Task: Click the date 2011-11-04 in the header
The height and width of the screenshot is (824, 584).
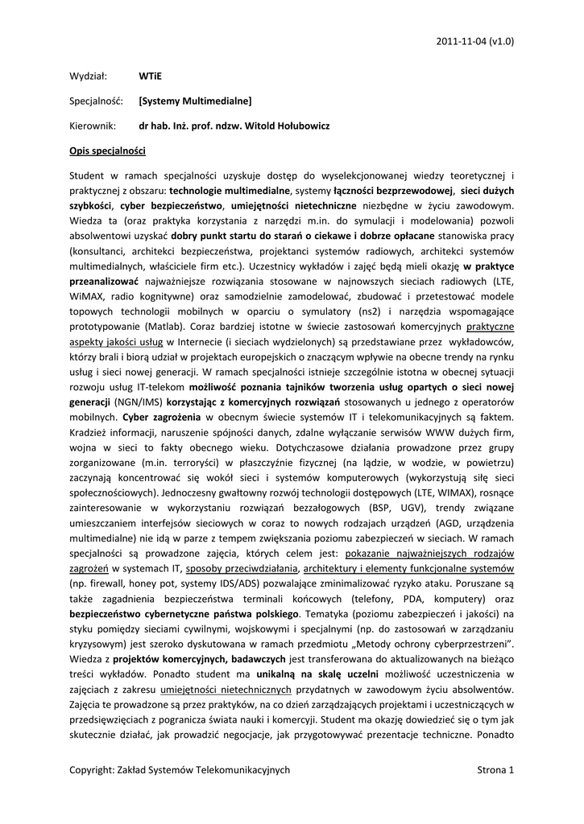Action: pyautogui.click(x=462, y=39)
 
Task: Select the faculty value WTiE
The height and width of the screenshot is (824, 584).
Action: pyautogui.click(x=150, y=76)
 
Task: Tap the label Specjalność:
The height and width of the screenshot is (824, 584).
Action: pyautogui.click(x=95, y=101)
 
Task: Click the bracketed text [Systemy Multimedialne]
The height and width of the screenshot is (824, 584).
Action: pyautogui.click(x=195, y=101)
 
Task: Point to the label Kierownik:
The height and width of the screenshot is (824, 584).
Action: pyautogui.click(x=93, y=126)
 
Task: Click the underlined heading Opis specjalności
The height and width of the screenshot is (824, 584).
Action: pyautogui.click(x=107, y=150)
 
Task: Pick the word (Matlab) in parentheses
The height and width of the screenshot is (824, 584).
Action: pyautogui.click(x=167, y=327)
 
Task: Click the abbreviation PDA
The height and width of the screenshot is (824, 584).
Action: pyautogui.click(x=411, y=597)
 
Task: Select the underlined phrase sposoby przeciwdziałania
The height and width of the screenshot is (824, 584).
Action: pyautogui.click(x=242, y=567)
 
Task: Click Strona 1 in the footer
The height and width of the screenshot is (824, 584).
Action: pyautogui.click(x=495, y=770)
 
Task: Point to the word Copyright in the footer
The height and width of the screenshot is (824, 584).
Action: pyautogui.click(x=91, y=770)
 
